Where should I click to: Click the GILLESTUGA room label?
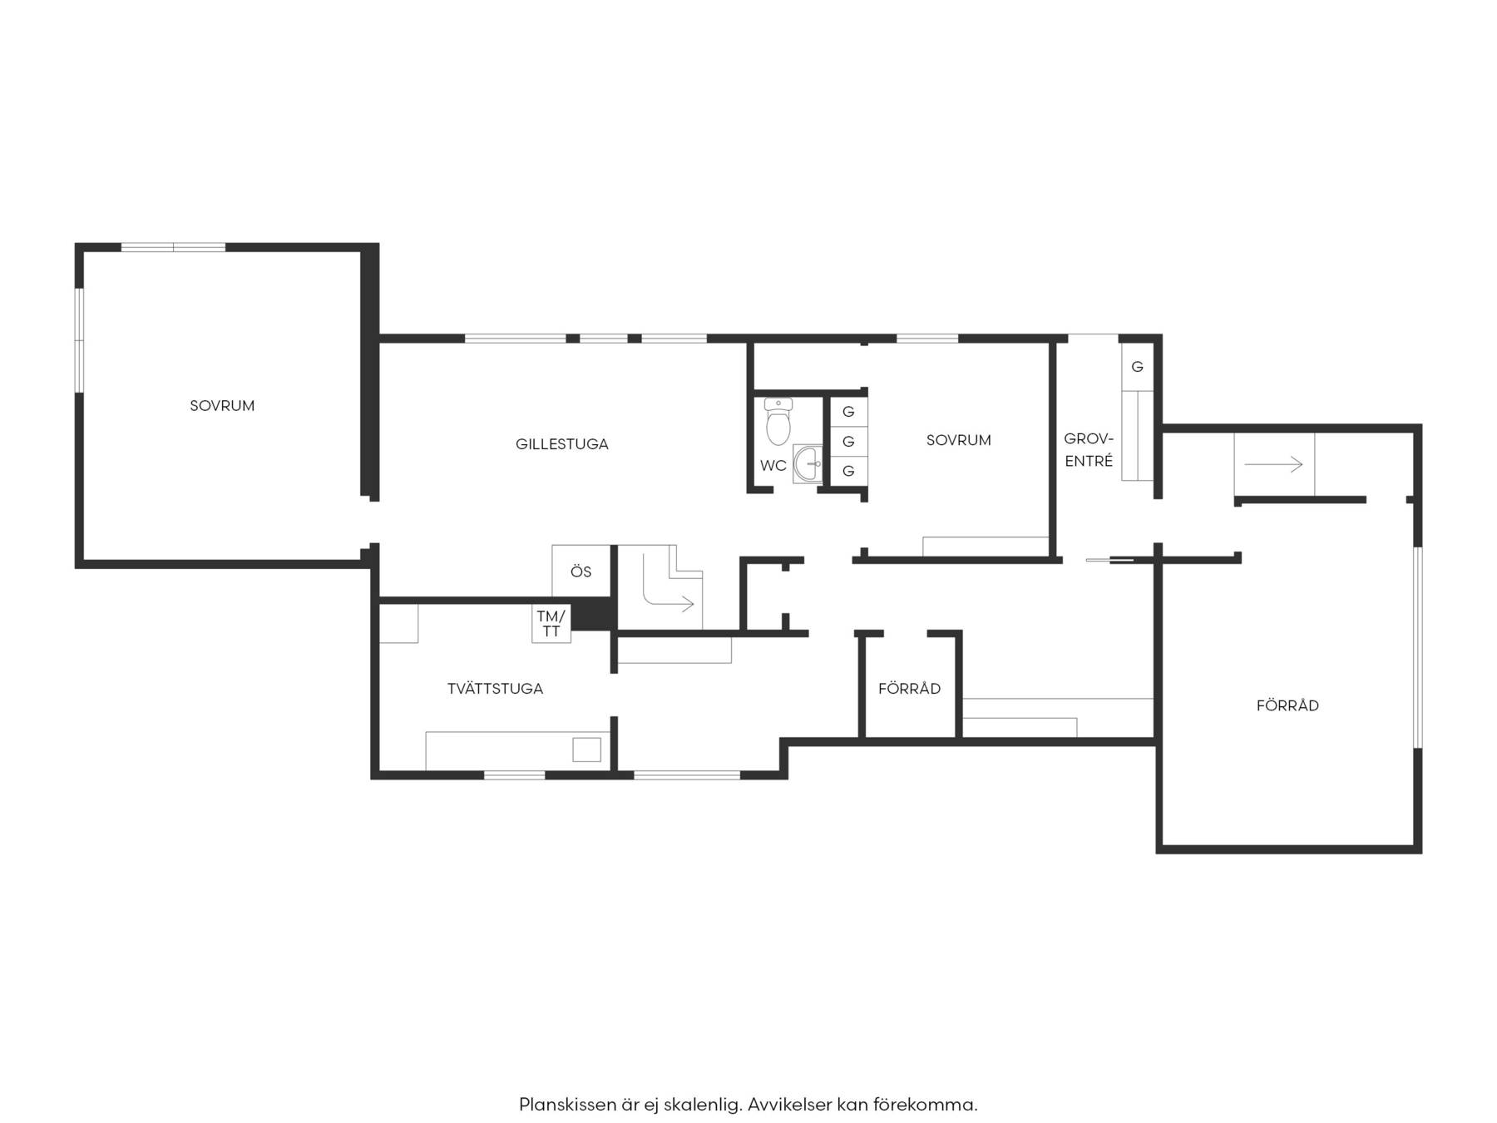[561, 444]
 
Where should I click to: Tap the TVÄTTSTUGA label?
[495, 689]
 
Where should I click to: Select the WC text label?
[773, 466]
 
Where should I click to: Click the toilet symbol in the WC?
[778, 422]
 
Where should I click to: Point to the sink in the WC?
[808, 464]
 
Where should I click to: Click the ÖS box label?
[581, 571]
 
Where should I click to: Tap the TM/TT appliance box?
[551, 623]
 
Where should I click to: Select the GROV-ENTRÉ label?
[1089, 449]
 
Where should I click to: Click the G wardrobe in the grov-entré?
[1137, 367]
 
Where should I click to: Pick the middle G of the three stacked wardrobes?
[848, 441]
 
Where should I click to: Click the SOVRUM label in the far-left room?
[222, 406]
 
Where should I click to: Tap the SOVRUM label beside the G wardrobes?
[958, 440]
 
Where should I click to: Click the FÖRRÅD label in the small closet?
[909, 689]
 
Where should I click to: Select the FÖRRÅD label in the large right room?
[1287, 705]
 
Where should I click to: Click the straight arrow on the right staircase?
[1273, 464]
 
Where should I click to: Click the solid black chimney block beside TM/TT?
[594, 616]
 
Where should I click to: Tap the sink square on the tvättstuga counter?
[586, 749]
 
